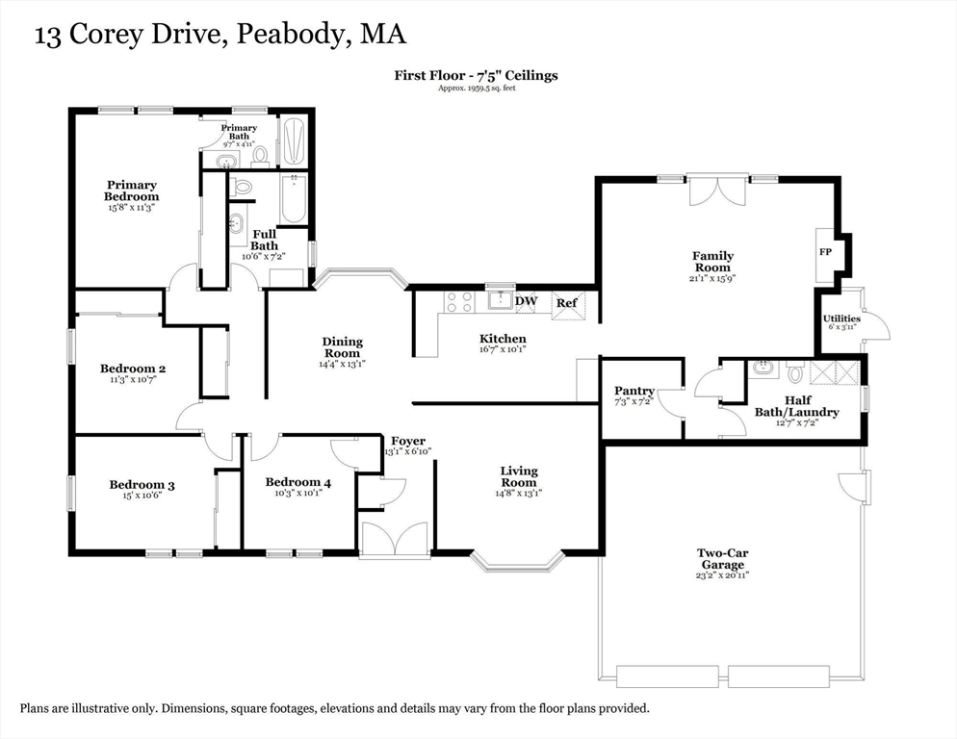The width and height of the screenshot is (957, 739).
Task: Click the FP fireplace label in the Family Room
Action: click(x=825, y=251)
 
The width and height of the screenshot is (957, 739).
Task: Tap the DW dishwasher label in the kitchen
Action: click(x=526, y=301)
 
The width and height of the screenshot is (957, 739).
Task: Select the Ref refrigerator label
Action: click(x=566, y=303)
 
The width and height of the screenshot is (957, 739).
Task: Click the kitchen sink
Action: click(x=501, y=299)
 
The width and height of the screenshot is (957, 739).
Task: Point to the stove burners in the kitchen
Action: click(x=459, y=302)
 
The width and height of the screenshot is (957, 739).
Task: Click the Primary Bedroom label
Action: click(x=131, y=191)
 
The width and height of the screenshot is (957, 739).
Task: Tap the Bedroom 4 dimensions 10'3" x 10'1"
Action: click(x=298, y=493)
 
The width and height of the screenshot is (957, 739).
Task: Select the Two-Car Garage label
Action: click(x=723, y=559)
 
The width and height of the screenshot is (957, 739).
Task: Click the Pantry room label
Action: click(x=634, y=391)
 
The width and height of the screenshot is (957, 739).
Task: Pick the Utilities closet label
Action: click(x=841, y=318)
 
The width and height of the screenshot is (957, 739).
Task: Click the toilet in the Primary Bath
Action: click(x=261, y=156)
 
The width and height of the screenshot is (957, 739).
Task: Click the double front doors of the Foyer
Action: click(x=396, y=538)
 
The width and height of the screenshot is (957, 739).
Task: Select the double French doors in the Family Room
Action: click(x=718, y=190)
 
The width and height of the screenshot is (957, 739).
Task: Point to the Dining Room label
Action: click(x=343, y=347)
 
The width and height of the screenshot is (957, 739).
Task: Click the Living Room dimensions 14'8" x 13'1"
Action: click(x=519, y=493)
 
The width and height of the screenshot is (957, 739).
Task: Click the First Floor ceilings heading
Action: click(x=476, y=76)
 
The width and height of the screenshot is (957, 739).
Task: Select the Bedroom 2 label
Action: click(x=133, y=369)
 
